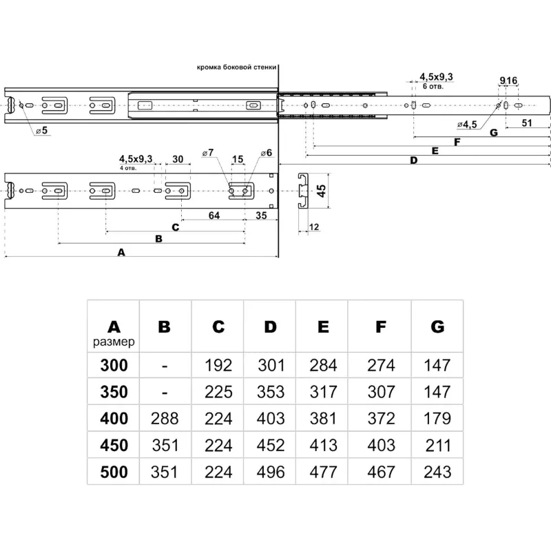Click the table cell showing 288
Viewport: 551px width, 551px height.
pyautogui.click(x=164, y=418)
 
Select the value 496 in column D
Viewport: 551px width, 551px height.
pyautogui.click(x=270, y=472)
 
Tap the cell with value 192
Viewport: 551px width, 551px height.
pyautogui.click(x=218, y=365)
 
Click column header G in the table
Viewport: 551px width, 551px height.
pyautogui.click(x=437, y=326)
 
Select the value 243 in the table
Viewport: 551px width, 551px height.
pyautogui.click(x=437, y=472)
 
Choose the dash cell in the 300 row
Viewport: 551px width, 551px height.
pyautogui.click(x=164, y=365)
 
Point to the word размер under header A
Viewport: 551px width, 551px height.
pyautogui.click(x=114, y=341)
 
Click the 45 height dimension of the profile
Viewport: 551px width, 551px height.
pyautogui.click(x=321, y=191)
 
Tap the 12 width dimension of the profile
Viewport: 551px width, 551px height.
pyautogui.click(x=314, y=227)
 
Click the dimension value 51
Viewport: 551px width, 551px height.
pyautogui.click(x=527, y=123)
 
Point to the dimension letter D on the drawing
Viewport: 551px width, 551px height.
pyautogui.click(x=413, y=161)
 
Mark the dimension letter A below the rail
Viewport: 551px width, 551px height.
pyautogui.click(x=121, y=253)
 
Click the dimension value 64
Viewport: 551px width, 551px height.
pyautogui.click(x=214, y=216)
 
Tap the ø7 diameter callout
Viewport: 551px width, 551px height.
pyautogui.click(x=207, y=152)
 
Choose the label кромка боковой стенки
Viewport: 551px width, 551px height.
pyautogui.click(x=236, y=68)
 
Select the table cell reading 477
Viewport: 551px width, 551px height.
pyautogui.click(x=322, y=472)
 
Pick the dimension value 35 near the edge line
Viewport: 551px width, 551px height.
pyautogui.click(x=261, y=216)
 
